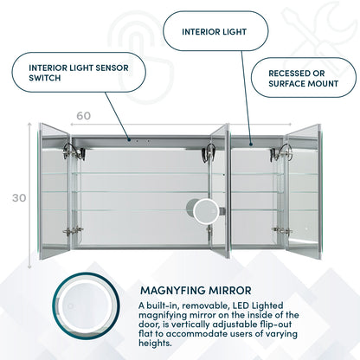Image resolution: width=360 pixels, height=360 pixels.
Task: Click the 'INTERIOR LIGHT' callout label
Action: (214, 31)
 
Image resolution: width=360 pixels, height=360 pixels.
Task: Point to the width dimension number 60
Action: (82, 114)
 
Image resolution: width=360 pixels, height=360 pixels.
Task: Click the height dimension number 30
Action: (18, 197)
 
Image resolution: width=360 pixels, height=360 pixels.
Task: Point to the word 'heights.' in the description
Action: (161, 342)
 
